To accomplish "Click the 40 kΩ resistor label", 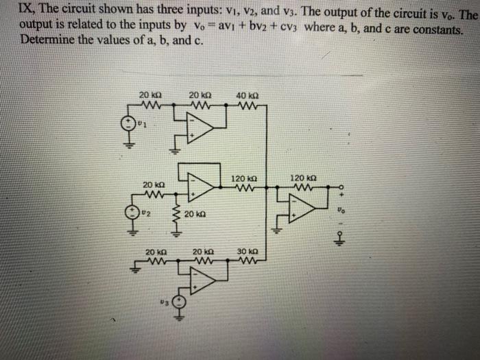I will [245, 95].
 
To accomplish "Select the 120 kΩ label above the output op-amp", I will [302, 177].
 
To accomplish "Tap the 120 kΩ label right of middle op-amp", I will [243, 178].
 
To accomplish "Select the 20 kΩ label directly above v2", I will [154, 184].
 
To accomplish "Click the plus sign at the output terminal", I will [338, 195].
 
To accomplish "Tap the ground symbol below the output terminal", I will [338, 241].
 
